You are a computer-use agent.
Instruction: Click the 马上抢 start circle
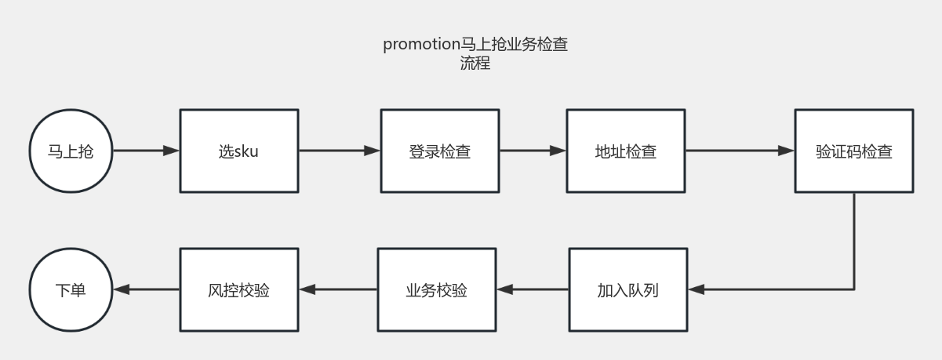tap(71, 151)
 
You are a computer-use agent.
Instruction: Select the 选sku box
tap(238, 151)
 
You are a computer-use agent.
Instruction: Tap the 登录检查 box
tap(439, 151)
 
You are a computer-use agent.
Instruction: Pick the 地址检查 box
tap(625, 151)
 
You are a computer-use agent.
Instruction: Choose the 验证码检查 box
tap(853, 151)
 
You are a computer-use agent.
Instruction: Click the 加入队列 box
tap(627, 289)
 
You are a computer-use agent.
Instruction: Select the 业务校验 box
tap(436, 289)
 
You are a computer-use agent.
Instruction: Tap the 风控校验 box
tap(238, 289)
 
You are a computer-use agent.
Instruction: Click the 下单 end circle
tap(71, 289)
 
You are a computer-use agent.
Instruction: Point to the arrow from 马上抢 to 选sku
tap(146, 151)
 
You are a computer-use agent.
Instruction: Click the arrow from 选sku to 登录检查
tap(339, 151)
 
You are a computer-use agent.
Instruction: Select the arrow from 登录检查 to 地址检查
tap(532, 151)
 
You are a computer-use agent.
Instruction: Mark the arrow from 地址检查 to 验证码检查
tap(739, 151)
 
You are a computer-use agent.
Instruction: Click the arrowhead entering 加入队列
tap(696, 289)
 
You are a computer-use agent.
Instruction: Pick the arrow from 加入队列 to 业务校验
tap(533, 289)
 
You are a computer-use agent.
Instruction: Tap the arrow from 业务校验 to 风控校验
tap(338, 289)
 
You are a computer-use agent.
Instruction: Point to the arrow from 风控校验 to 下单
tap(146, 289)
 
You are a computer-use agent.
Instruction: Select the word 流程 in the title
tap(475, 64)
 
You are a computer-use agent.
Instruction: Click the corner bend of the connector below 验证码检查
tap(853, 289)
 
